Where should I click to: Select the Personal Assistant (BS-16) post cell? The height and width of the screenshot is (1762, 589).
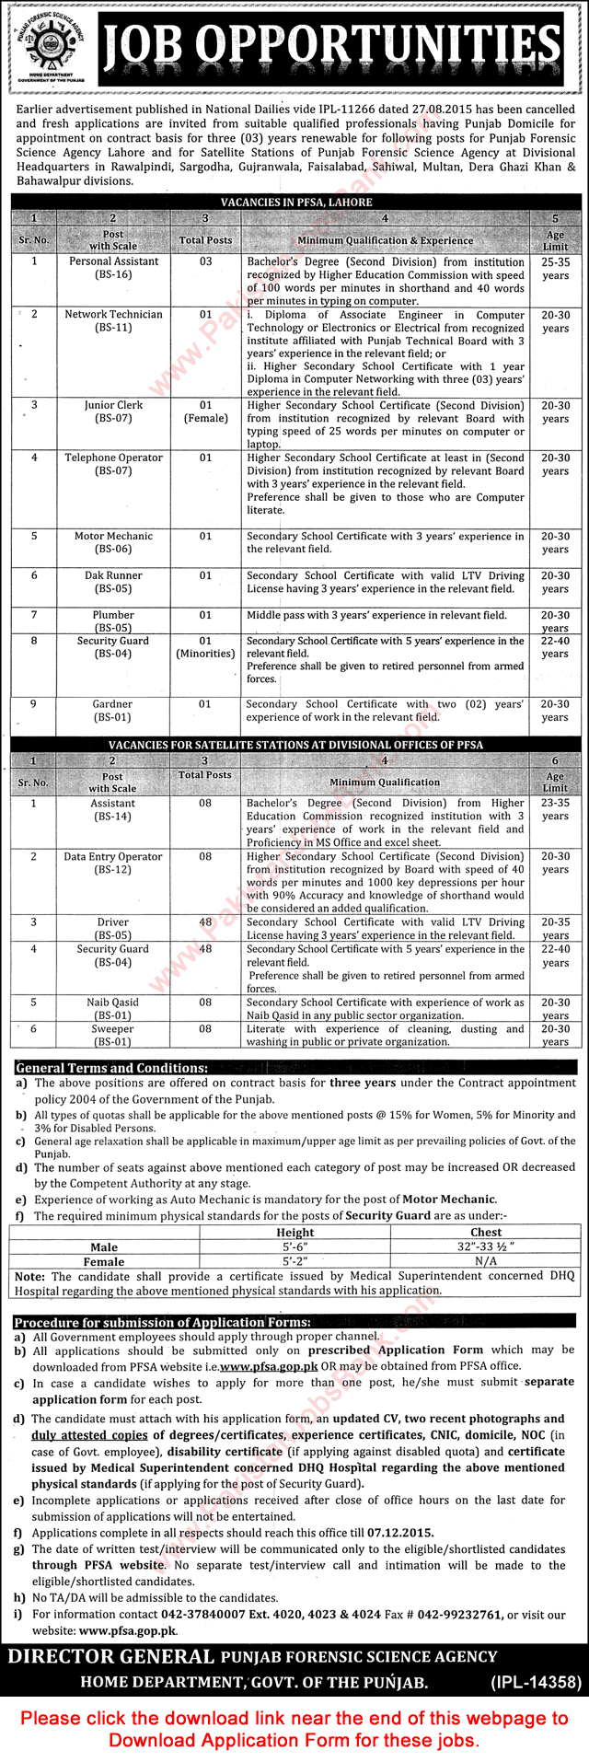pos(113,268)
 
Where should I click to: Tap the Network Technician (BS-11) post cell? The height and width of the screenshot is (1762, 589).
pos(113,320)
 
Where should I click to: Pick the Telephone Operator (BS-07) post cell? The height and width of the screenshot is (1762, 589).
pos(113,464)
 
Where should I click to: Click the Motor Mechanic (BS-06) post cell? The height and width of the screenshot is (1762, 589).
pos(113,542)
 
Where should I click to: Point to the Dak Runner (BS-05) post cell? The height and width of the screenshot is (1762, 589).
pos(113,582)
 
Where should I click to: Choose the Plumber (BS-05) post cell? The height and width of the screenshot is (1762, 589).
pos(113,621)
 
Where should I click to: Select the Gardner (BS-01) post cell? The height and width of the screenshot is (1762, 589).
pos(113,711)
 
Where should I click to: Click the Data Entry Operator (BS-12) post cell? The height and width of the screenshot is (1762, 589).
pos(113,863)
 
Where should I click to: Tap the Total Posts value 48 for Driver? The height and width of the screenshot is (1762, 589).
pos(205,922)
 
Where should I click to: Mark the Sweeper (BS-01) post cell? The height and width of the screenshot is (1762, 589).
pos(113,1036)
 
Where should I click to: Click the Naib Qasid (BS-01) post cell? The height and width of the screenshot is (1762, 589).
pos(113,1009)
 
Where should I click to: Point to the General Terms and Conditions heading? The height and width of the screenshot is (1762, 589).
pos(111,1068)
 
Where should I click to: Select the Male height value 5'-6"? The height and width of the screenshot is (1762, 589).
pos(294,1247)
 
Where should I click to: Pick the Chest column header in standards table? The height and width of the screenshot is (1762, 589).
pos(486,1232)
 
